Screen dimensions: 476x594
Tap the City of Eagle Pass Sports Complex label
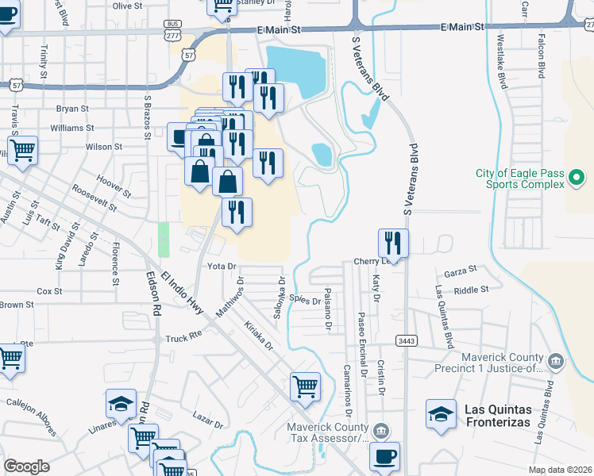519,178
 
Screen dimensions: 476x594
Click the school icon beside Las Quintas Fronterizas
442,414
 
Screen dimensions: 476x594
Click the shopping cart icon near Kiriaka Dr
305,387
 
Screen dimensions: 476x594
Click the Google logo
26,466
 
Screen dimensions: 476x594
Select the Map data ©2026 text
560,470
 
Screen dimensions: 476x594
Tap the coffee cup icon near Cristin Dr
384,456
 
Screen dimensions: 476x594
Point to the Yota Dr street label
222,266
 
